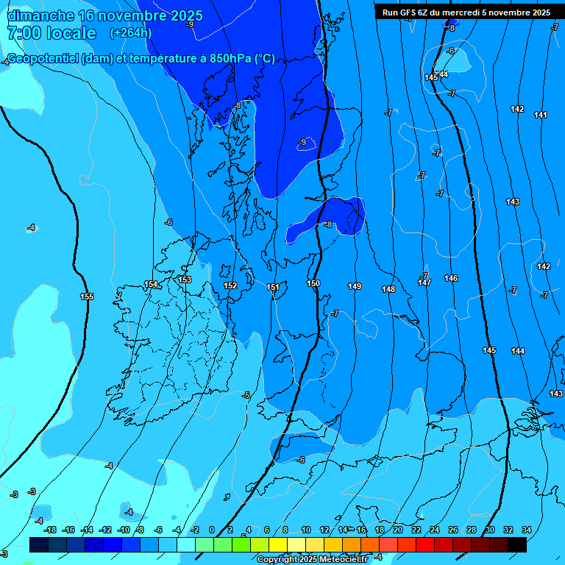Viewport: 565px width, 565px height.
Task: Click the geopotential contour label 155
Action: [87, 296]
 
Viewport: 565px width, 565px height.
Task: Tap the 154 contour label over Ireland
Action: [151, 284]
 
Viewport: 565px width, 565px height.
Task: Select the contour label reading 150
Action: [313, 283]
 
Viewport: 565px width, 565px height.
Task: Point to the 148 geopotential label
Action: [388, 289]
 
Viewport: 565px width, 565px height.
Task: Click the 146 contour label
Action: [451, 278]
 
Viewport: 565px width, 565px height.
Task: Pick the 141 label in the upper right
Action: [541, 115]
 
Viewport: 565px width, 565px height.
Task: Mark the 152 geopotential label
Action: [230, 285]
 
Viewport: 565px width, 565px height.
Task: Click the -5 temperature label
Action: [246, 396]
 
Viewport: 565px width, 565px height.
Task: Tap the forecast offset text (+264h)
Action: [131, 33]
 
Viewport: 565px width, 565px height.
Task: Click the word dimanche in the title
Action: [41, 15]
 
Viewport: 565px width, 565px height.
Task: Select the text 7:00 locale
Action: [51, 33]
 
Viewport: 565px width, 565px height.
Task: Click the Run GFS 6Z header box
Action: [466, 12]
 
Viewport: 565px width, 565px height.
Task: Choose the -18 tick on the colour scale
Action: [50, 530]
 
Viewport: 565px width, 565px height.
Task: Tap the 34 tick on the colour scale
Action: [526, 530]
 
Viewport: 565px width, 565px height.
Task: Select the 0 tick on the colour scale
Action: [212, 530]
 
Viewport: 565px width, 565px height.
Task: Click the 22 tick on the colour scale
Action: [416, 530]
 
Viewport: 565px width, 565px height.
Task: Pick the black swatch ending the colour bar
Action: [517, 545]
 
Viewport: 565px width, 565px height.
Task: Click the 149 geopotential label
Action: [355, 286]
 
